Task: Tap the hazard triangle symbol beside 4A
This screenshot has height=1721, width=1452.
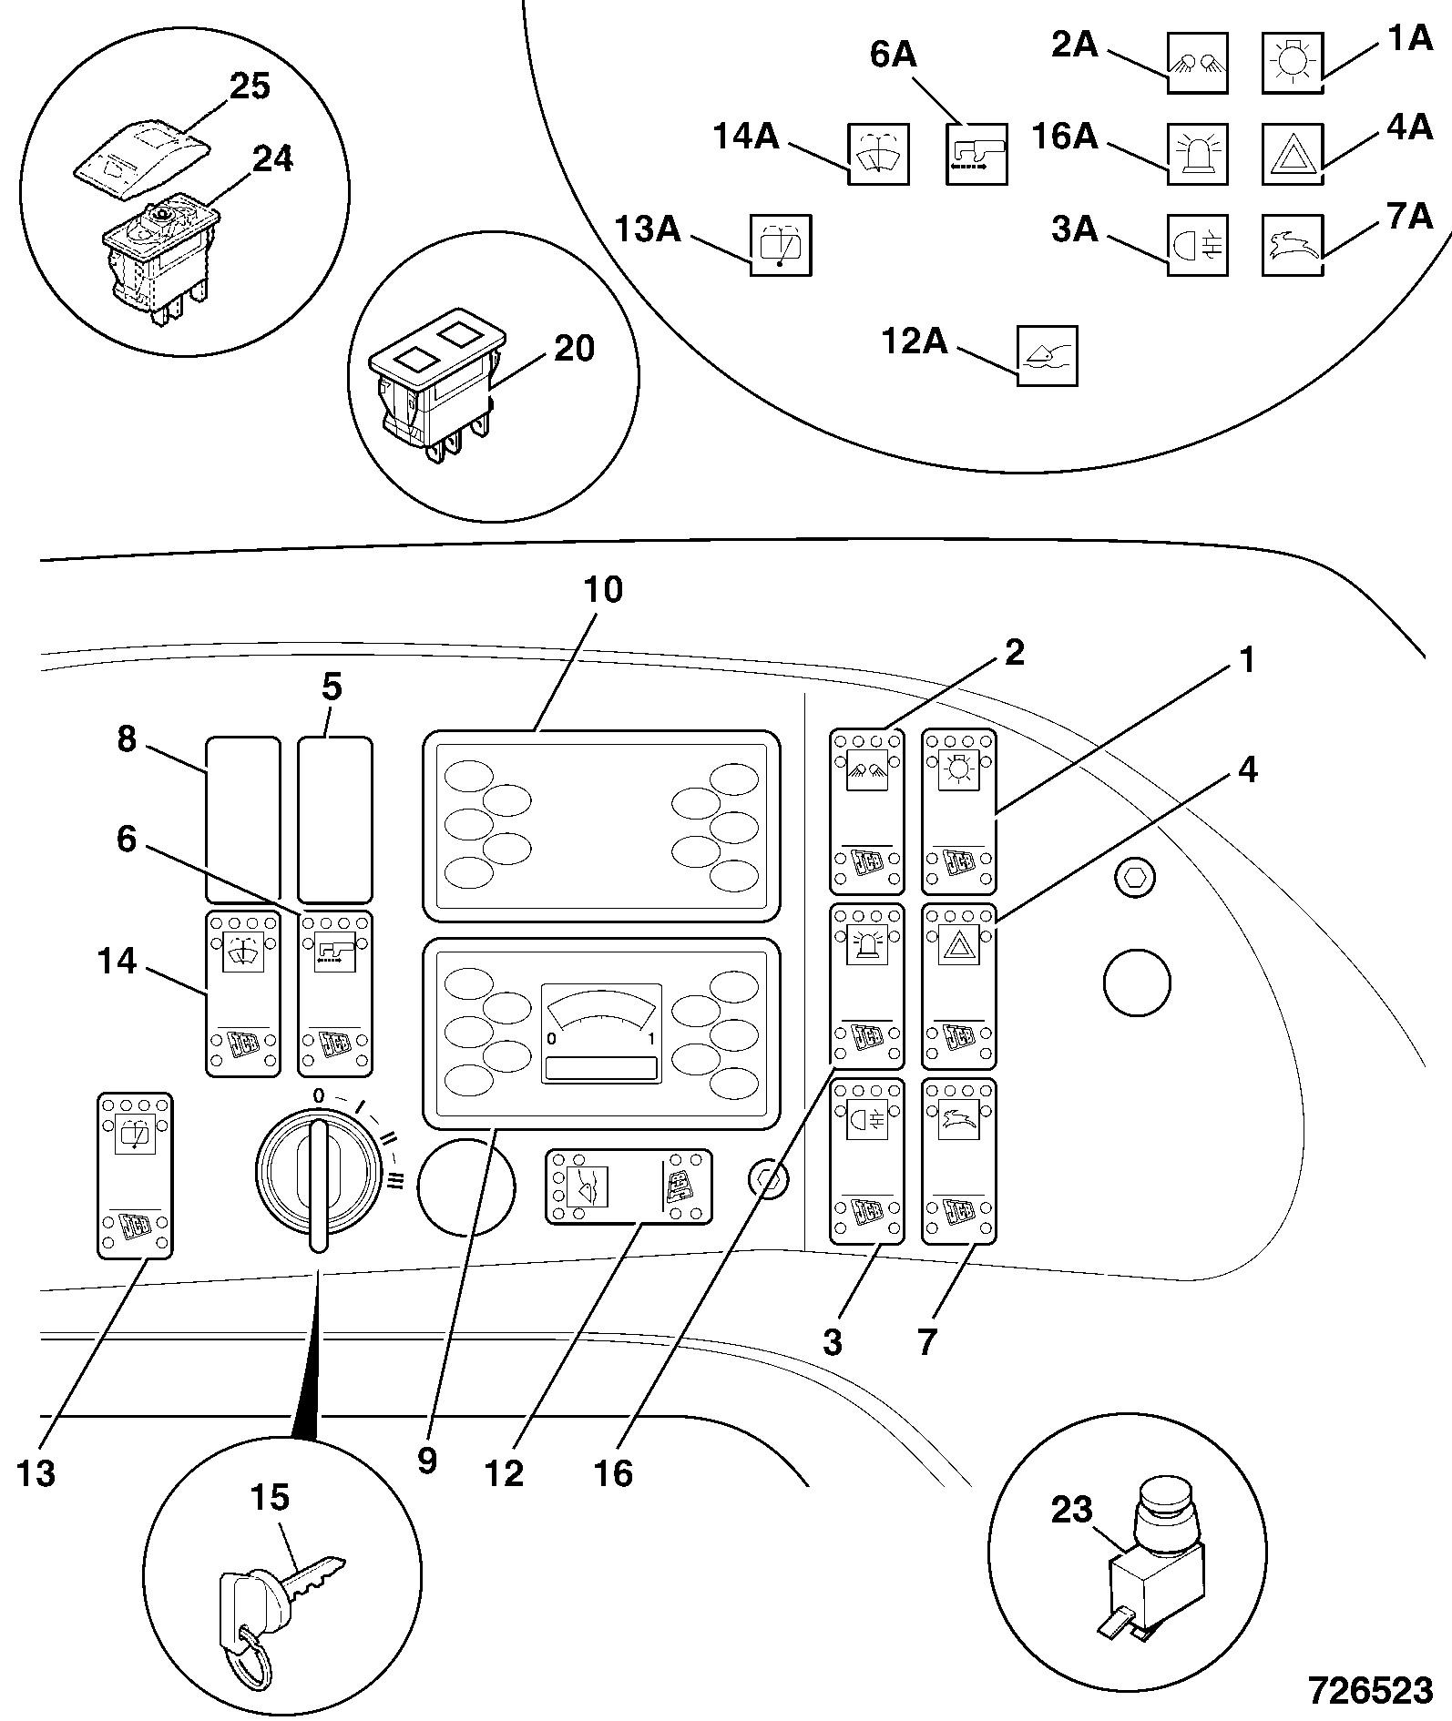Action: click(1293, 153)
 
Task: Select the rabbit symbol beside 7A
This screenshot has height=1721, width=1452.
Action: click(1293, 244)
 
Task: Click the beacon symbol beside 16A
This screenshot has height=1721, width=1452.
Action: click(1197, 153)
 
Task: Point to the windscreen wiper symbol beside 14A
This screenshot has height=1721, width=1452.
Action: click(878, 153)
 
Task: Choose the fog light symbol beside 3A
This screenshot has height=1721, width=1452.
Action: click(1197, 244)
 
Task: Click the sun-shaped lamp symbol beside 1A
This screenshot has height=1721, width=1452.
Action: click(1293, 63)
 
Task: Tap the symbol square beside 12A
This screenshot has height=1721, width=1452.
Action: click(1047, 355)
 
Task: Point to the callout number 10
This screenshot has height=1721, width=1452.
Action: click(603, 590)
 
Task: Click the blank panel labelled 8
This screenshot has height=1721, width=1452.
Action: click(242, 820)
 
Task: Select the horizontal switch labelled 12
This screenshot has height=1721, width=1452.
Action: click(628, 1186)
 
